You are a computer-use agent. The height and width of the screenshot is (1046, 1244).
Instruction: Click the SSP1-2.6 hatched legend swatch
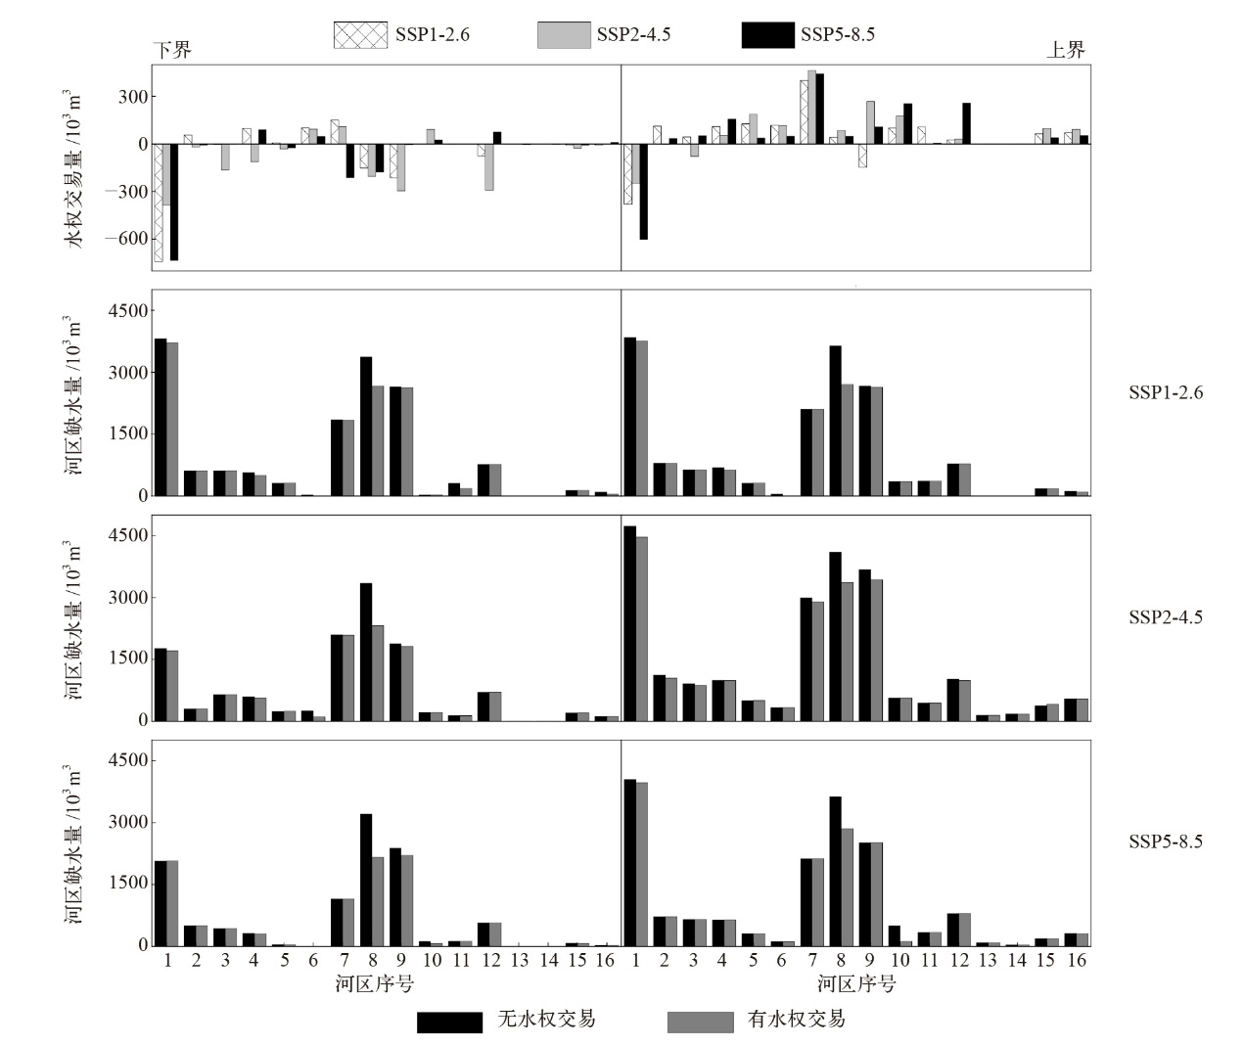coord(360,35)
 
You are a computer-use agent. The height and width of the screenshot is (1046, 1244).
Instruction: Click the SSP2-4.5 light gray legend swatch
coord(564,35)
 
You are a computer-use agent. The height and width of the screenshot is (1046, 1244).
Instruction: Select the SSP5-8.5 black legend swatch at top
coord(767,35)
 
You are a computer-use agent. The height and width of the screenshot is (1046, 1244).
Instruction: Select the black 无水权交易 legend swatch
coord(449,1022)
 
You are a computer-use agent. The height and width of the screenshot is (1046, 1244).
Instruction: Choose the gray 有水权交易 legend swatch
coord(700,1022)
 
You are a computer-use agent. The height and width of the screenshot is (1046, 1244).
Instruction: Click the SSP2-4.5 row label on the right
coord(1166,617)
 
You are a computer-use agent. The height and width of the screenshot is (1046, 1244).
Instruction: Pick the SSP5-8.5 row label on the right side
coord(1166,841)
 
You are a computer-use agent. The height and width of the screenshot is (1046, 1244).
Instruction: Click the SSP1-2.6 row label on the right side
coord(1166,393)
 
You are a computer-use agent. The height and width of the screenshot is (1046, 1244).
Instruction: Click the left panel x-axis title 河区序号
coord(374,984)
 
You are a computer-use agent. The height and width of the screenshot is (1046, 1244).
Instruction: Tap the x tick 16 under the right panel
coord(1077,961)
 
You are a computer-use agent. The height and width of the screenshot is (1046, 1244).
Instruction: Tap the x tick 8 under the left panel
coord(372,961)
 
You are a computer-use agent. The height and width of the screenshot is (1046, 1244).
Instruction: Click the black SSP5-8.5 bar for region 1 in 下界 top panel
coord(174,202)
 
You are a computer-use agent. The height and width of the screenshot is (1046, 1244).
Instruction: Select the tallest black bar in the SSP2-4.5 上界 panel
coord(630,623)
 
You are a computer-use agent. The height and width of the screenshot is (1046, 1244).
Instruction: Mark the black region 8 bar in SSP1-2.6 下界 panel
coord(366,426)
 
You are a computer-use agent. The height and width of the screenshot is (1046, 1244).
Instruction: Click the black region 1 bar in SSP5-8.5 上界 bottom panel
coord(630,862)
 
